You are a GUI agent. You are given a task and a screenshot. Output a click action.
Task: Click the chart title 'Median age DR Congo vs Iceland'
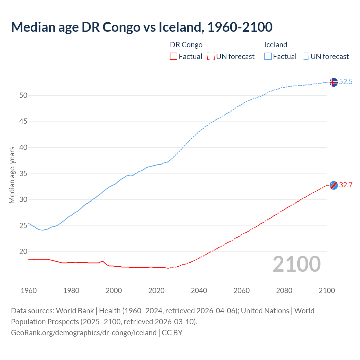(142, 27)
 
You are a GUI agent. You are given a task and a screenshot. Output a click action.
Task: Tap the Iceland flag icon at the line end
(334, 82)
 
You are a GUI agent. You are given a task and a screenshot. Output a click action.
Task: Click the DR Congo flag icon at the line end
(334, 185)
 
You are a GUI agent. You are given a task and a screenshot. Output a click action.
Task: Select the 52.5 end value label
(346, 82)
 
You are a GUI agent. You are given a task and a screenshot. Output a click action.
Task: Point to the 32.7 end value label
(346, 185)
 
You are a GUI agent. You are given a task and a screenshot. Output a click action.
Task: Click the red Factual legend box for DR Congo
(174, 57)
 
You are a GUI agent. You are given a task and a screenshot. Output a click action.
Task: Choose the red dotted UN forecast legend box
(211, 57)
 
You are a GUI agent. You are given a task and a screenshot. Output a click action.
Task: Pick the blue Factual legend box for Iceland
(268, 57)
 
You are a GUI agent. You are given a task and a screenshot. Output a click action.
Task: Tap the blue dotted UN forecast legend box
(305, 57)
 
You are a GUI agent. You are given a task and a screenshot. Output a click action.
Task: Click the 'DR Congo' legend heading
(186, 45)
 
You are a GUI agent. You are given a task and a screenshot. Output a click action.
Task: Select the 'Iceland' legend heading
(276, 45)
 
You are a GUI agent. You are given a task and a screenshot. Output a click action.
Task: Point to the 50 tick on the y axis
(23, 96)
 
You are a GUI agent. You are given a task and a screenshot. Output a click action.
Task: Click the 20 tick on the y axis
(23, 252)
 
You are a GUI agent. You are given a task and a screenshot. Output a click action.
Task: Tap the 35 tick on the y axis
(23, 174)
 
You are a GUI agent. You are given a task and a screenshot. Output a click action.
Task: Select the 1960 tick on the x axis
(29, 291)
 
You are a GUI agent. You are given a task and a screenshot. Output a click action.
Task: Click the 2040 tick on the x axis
(199, 291)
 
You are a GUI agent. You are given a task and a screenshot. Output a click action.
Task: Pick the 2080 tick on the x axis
(284, 291)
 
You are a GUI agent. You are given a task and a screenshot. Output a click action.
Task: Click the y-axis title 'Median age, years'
(12, 175)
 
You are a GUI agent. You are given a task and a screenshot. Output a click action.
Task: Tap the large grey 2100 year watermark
(297, 264)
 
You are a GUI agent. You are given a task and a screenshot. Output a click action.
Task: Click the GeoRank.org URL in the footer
(84, 333)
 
